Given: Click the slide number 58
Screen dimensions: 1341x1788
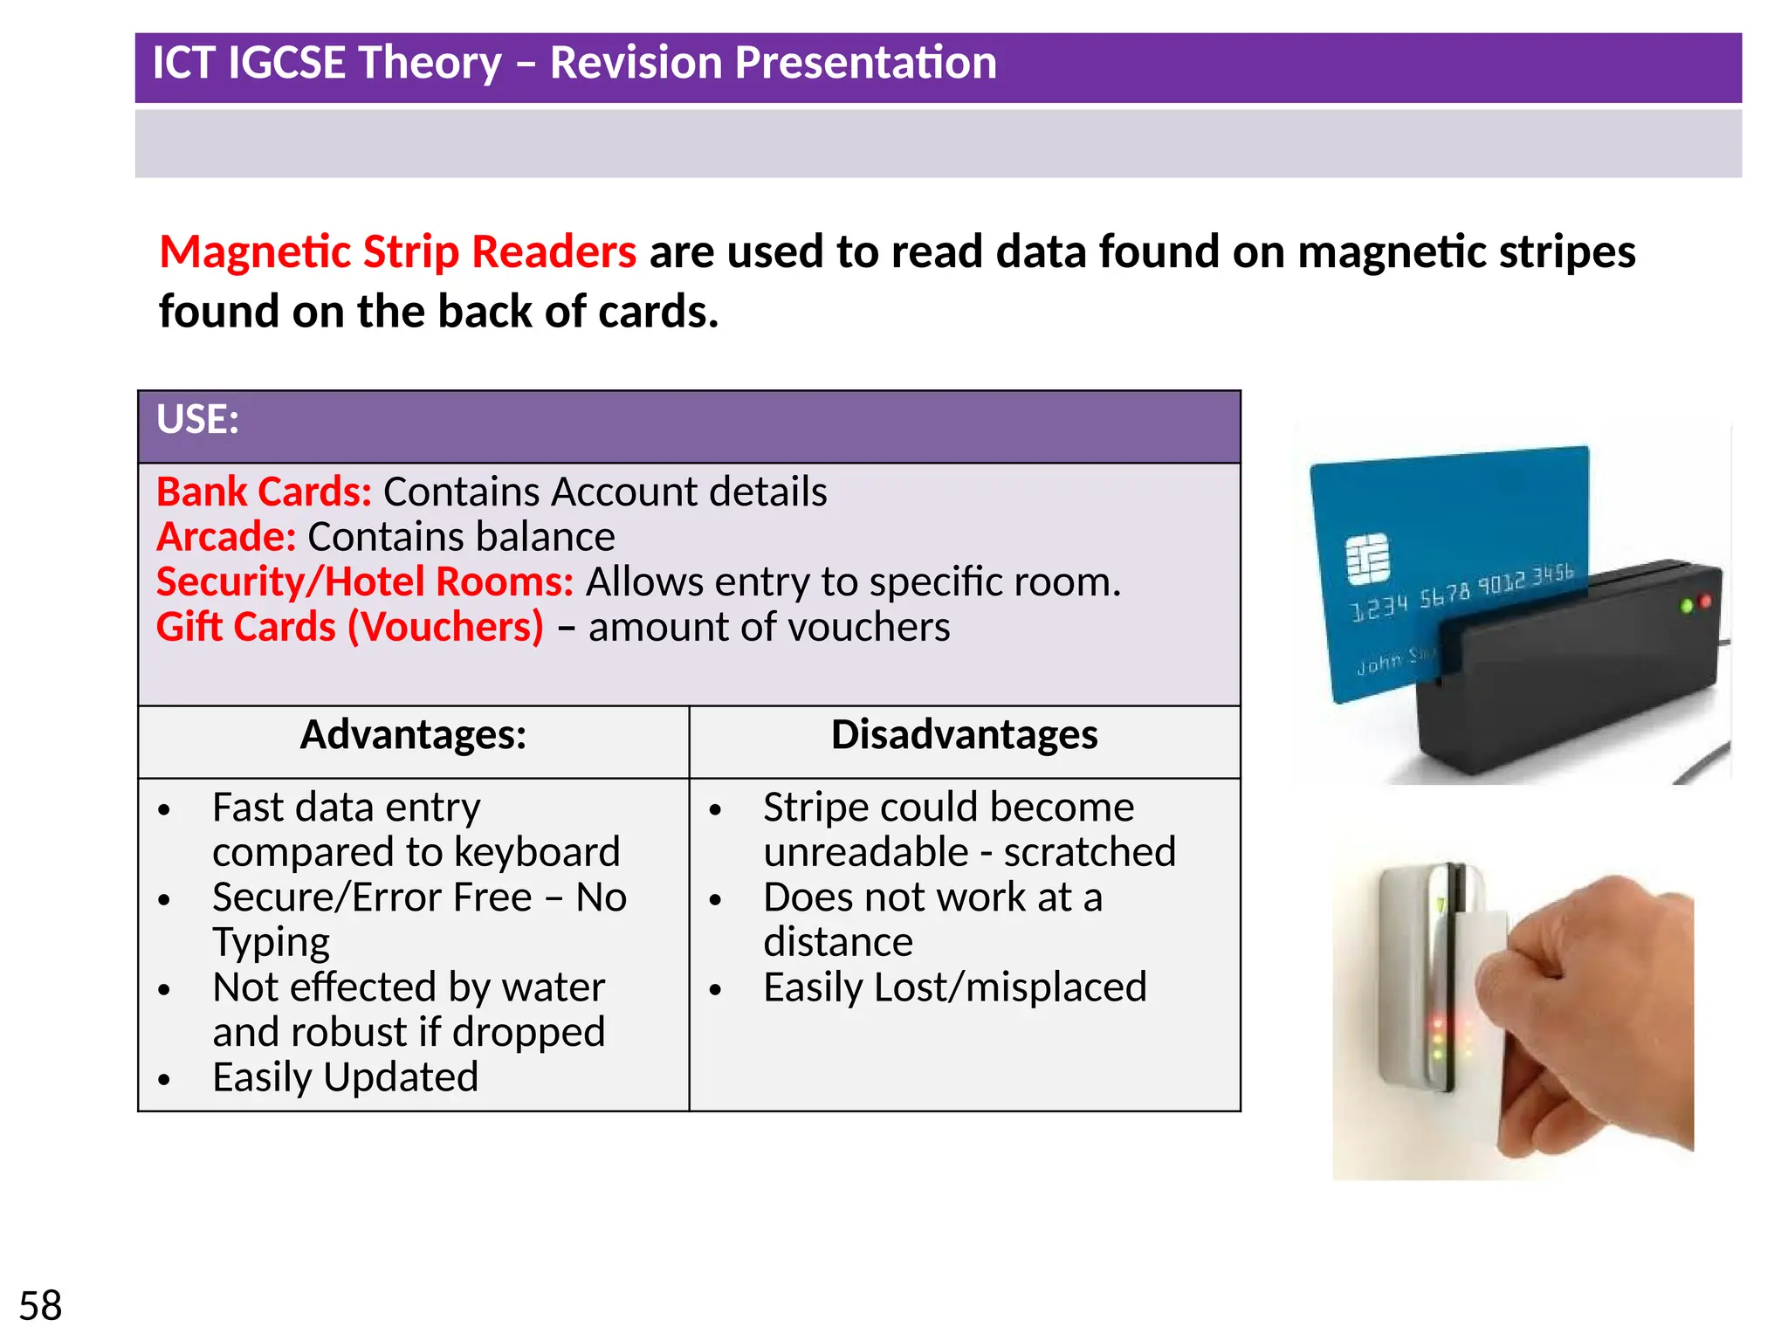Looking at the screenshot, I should (40, 1306).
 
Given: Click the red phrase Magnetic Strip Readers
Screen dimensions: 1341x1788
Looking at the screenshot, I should (397, 252).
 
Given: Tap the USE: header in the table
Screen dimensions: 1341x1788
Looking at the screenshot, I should (197, 420).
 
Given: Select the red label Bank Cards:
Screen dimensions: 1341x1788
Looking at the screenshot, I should (264, 492).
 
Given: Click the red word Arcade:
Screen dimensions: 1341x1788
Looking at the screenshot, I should (226, 537).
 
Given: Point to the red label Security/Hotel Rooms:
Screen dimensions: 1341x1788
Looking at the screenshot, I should (364, 582).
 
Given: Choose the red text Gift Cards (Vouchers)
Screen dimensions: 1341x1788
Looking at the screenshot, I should (349, 628).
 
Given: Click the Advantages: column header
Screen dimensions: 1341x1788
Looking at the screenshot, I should (413, 735).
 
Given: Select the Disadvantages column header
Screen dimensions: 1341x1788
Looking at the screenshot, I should (964, 735).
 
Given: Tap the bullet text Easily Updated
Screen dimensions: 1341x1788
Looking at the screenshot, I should (345, 1077).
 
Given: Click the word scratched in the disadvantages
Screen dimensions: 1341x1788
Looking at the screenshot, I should (1089, 853).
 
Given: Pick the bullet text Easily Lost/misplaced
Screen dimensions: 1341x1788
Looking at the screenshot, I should (954, 987).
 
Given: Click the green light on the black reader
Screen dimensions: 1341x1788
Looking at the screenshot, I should (1687, 606).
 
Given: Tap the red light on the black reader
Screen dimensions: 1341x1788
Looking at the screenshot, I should (1705, 602).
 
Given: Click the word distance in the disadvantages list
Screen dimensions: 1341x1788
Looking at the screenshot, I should (837, 943).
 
